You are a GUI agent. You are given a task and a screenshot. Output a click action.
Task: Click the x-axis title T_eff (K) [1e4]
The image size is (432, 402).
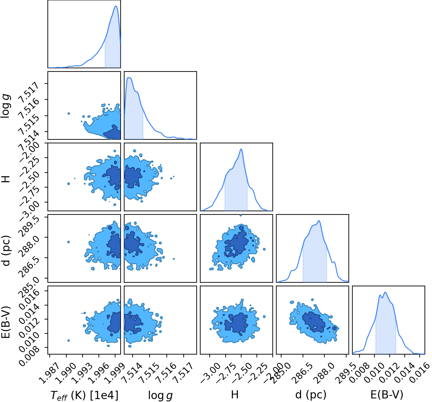(x=85, y=395)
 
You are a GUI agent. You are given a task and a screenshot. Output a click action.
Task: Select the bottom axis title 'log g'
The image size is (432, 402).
(x=161, y=395)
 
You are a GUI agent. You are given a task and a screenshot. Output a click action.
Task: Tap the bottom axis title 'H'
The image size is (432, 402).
(x=235, y=395)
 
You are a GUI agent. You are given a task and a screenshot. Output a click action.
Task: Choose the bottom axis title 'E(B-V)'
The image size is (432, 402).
(x=387, y=395)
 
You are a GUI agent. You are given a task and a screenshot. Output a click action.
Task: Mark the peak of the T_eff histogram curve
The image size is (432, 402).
(x=116, y=6)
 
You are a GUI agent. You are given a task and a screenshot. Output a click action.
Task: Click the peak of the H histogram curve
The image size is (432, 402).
(x=241, y=149)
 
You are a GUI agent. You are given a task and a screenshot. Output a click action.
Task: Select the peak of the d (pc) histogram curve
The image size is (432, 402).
(x=319, y=221)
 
